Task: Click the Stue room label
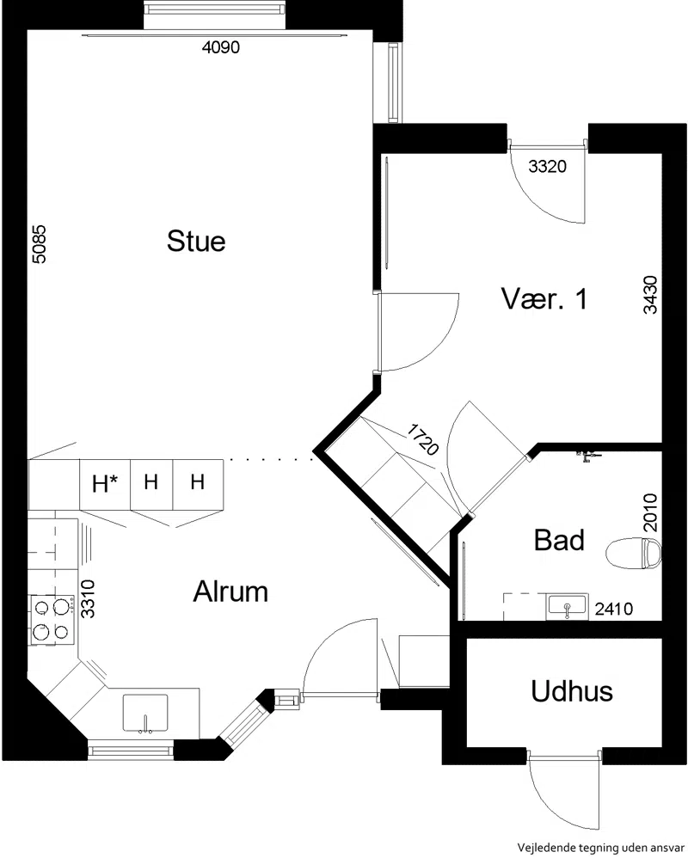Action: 196,242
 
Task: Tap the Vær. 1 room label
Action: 544,299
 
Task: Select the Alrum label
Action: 230,591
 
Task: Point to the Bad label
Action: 559,540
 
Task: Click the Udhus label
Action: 571,690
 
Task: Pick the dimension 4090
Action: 221,47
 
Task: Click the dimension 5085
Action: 39,244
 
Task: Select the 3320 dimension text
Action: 547,166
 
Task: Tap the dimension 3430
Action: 650,294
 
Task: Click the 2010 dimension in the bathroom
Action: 650,512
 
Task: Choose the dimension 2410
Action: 613,609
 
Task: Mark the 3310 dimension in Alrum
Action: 88,599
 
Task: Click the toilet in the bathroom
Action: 634,553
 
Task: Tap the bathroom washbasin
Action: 567,607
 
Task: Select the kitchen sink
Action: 145,713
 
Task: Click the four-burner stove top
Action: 52,619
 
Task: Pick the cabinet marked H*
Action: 105,484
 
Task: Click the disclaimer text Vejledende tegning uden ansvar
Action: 600,848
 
